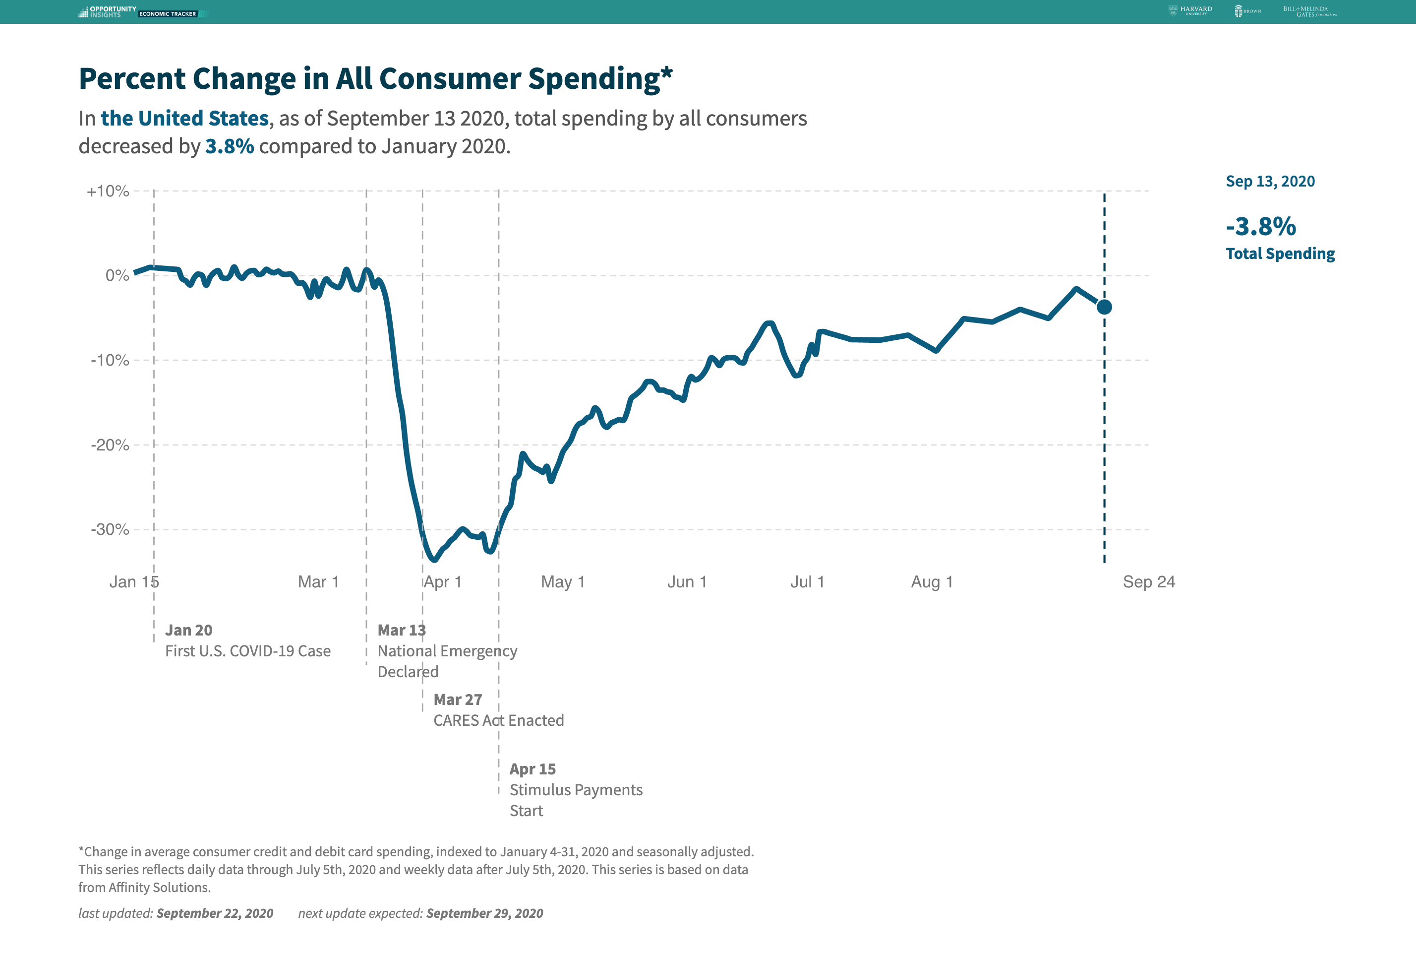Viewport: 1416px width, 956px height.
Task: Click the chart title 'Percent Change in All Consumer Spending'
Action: (x=375, y=79)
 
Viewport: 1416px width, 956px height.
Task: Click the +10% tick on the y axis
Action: (x=108, y=191)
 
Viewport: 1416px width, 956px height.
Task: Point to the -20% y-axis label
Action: (x=110, y=445)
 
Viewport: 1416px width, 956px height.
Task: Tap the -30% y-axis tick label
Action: (x=110, y=529)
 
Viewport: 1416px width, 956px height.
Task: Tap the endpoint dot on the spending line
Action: (x=1104, y=307)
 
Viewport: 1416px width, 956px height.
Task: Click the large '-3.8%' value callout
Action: (x=1261, y=226)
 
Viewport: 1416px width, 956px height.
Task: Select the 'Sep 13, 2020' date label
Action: (x=1270, y=182)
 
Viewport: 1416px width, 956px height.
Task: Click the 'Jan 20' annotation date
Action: (x=189, y=630)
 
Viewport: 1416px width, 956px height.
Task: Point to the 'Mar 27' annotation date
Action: (x=458, y=700)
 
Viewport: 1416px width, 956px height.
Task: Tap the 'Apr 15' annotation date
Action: (x=532, y=769)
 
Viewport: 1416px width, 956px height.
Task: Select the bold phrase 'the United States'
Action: (x=184, y=118)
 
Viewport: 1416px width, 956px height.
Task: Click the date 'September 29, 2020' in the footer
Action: (x=484, y=913)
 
